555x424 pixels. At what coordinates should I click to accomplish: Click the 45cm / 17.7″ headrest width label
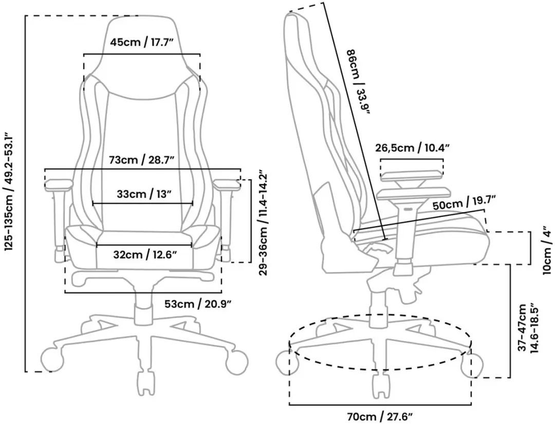[142, 43]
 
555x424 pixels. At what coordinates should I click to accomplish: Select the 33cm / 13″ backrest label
[144, 194]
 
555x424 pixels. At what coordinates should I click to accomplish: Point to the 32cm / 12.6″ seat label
[144, 254]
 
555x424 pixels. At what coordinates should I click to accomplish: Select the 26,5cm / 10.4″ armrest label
[412, 147]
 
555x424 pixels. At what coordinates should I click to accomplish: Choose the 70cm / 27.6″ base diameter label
[380, 417]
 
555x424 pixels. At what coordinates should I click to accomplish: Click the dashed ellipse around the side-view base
[380, 370]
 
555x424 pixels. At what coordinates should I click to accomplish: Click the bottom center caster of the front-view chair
[144, 383]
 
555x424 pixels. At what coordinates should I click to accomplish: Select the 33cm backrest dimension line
[143, 204]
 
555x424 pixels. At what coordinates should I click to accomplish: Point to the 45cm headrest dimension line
[142, 54]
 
